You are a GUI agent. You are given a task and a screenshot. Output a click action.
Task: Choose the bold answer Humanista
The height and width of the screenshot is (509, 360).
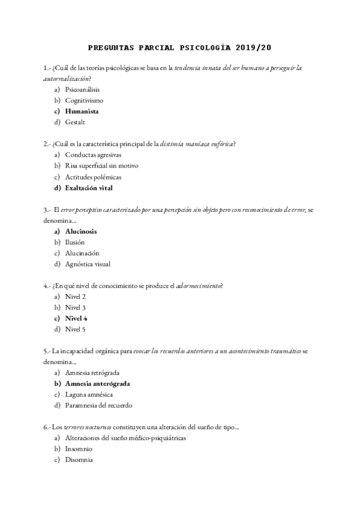(x=82, y=111)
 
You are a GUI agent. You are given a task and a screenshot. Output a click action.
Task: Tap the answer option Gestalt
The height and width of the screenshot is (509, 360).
(x=76, y=122)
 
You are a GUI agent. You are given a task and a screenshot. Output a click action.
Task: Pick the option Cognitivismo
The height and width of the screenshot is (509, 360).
(x=84, y=100)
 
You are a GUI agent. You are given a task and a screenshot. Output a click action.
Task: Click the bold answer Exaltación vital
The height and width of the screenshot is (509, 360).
(x=89, y=187)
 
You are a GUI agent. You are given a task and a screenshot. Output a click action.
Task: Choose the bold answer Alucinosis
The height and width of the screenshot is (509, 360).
(x=81, y=231)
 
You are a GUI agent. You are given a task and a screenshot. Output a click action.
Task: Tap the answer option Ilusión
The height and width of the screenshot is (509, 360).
(x=75, y=242)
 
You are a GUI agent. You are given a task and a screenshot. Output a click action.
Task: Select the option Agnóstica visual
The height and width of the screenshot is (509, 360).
(x=88, y=264)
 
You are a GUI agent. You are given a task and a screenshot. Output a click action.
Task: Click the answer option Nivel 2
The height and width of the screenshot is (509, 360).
(x=76, y=297)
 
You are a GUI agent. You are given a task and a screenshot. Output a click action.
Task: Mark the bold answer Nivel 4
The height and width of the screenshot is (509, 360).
(x=76, y=318)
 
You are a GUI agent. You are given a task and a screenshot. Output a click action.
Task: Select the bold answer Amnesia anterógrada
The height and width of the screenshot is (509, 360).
(x=98, y=384)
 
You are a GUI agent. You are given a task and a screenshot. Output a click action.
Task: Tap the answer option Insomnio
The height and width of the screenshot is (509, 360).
(x=79, y=449)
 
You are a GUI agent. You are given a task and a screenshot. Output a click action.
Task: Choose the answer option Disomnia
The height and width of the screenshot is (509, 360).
(x=79, y=460)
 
